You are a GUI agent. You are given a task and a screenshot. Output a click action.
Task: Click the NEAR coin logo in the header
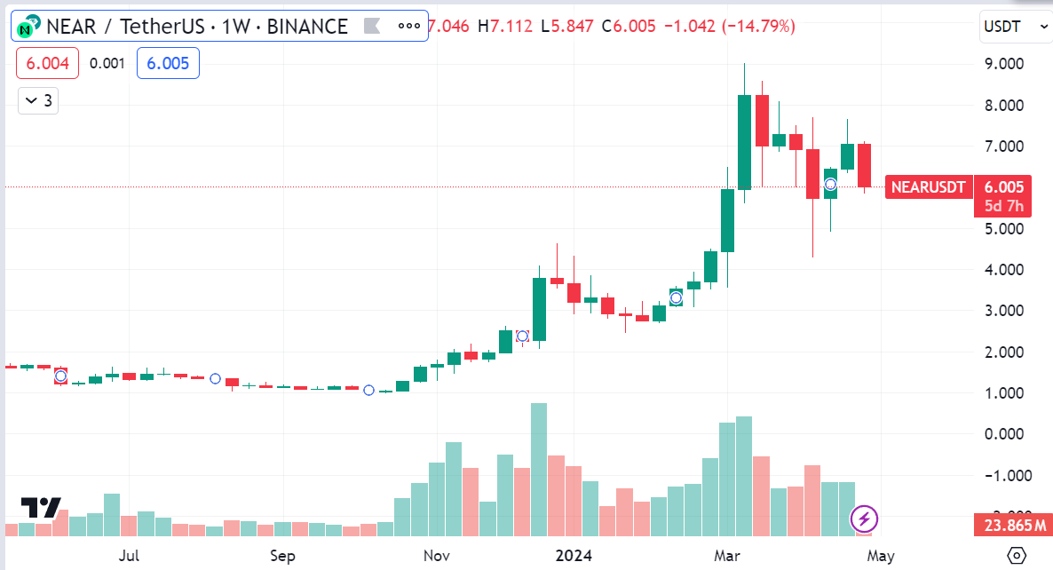point(28,27)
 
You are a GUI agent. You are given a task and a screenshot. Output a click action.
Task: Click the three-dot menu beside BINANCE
point(408,26)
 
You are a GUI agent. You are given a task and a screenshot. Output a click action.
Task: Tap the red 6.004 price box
point(47,63)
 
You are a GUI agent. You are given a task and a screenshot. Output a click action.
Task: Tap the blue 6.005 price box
point(168,63)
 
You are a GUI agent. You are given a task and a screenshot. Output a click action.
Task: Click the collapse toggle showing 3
point(38,101)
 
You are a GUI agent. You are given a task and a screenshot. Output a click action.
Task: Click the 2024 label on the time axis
point(573,557)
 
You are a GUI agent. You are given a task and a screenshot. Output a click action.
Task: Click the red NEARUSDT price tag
point(929,187)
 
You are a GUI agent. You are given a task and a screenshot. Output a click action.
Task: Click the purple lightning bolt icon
point(865,518)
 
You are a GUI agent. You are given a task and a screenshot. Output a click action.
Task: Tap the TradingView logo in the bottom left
point(41,507)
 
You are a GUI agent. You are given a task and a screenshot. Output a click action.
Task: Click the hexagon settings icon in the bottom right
point(1017,556)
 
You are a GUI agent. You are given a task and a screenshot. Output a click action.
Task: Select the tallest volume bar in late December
point(539,470)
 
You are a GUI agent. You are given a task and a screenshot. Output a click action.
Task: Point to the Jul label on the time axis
point(130,557)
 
